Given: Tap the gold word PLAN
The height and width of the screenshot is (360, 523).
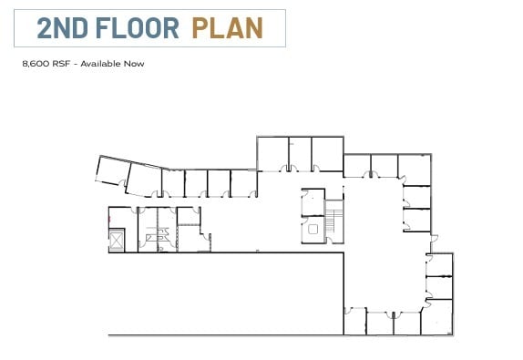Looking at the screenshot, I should point(228,28).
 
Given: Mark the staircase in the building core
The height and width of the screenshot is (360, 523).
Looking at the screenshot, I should point(334,218).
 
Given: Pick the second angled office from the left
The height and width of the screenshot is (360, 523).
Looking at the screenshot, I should point(144,179).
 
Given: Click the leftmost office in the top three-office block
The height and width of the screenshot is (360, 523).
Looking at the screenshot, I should point(272,153).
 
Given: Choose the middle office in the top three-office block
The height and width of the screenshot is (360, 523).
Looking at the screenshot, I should point(300,153).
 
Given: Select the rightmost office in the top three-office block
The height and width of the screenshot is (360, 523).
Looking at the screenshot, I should point(327,153).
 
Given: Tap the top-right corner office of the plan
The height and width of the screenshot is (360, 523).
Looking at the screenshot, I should point(418,168).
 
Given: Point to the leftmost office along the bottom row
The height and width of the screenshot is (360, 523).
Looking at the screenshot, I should point(354,322).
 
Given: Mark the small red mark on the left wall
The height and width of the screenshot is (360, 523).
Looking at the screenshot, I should point(109,221).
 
